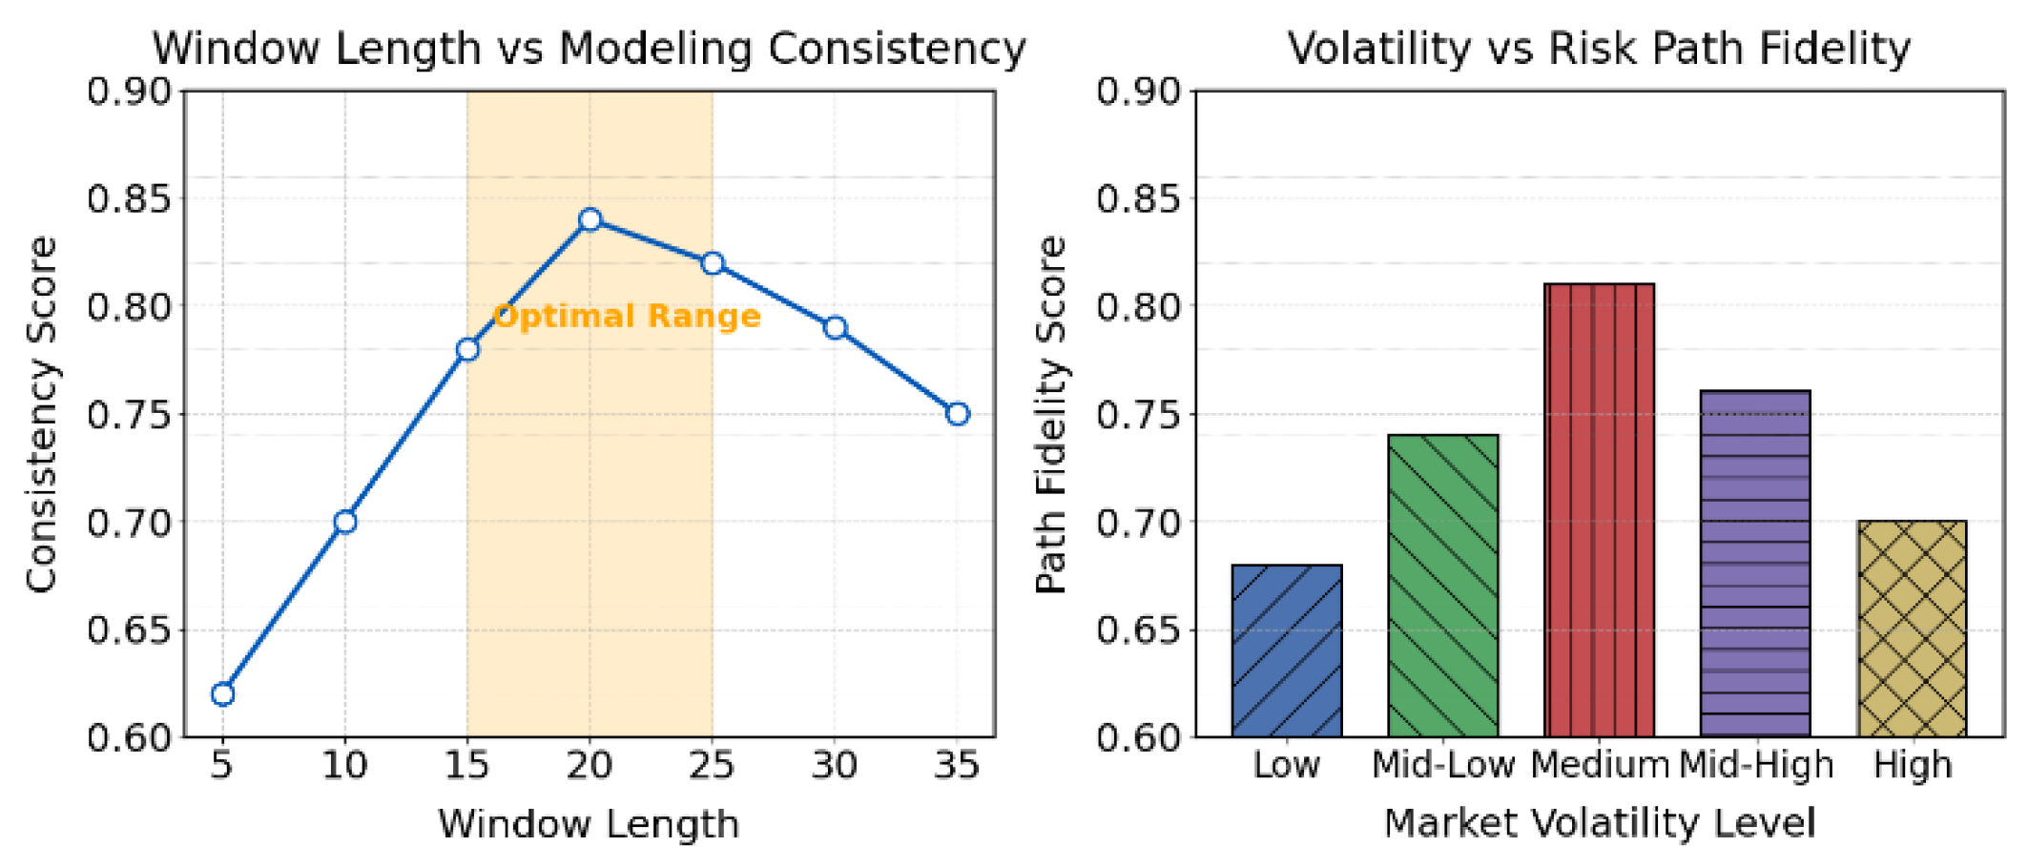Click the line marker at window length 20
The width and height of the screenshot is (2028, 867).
click(590, 220)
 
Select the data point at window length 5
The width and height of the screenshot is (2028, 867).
click(223, 694)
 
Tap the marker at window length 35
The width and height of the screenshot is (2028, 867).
click(958, 414)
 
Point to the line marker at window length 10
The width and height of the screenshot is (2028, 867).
click(345, 522)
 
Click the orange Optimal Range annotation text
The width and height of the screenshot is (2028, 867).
click(627, 316)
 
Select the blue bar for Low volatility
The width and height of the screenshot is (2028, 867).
click(1287, 650)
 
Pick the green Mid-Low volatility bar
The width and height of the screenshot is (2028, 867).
click(1443, 586)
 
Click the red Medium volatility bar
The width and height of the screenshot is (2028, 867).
click(1600, 510)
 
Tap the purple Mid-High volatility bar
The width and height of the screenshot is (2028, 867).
click(1756, 564)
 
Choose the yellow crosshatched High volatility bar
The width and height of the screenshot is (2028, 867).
click(1913, 629)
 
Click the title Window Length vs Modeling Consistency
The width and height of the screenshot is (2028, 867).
click(590, 48)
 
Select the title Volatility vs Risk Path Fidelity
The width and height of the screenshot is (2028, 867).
click(1600, 48)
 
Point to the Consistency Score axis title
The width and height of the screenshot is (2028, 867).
click(41, 414)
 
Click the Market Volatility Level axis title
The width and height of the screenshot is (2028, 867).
click(1600, 822)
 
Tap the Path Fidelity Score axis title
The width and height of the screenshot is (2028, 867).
click(1050, 414)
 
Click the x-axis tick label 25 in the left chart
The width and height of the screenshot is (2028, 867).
click(712, 765)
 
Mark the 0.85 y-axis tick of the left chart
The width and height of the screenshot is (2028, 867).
click(129, 199)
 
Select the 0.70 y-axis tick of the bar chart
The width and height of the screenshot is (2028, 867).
click(1139, 523)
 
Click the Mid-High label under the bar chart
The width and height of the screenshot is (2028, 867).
click(1756, 765)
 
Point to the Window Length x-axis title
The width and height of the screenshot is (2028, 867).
click(590, 823)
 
